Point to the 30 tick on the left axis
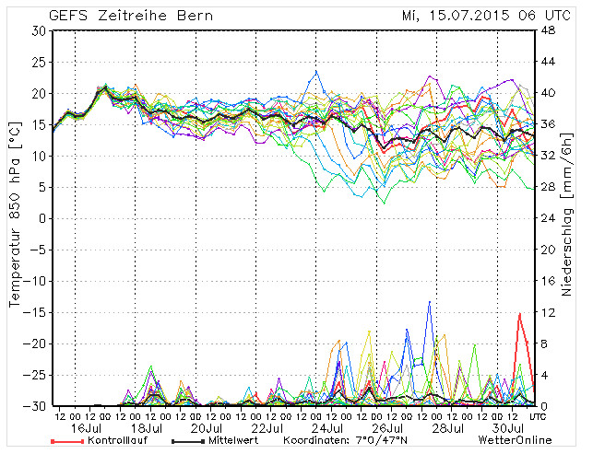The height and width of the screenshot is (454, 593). tap(39, 30)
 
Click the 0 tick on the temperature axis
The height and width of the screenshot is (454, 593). tap(42, 218)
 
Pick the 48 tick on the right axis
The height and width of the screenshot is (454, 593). tap(547, 30)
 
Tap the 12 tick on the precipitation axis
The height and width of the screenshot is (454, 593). tap(546, 312)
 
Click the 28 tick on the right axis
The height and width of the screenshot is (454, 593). tap(547, 187)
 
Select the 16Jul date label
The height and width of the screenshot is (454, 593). tap(84, 428)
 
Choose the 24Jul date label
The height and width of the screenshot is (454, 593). tap(330, 428)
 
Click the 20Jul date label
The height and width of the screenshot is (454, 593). tap(207, 428)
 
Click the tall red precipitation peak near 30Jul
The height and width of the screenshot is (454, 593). tap(520, 315)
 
